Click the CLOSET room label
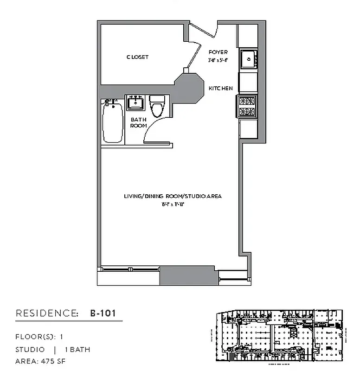pos(138,57)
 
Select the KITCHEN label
pos(220,89)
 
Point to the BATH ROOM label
pos(138,122)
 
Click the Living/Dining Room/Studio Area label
pos(172,196)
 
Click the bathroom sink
pos(136,102)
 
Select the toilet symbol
pos(157,106)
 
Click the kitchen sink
pos(249,59)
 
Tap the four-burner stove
pos(246,106)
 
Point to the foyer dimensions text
pos(218,60)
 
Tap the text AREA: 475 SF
pos(40,360)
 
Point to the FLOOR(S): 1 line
pos(39,337)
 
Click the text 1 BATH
pos(77,349)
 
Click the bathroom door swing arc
pos(153,131)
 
